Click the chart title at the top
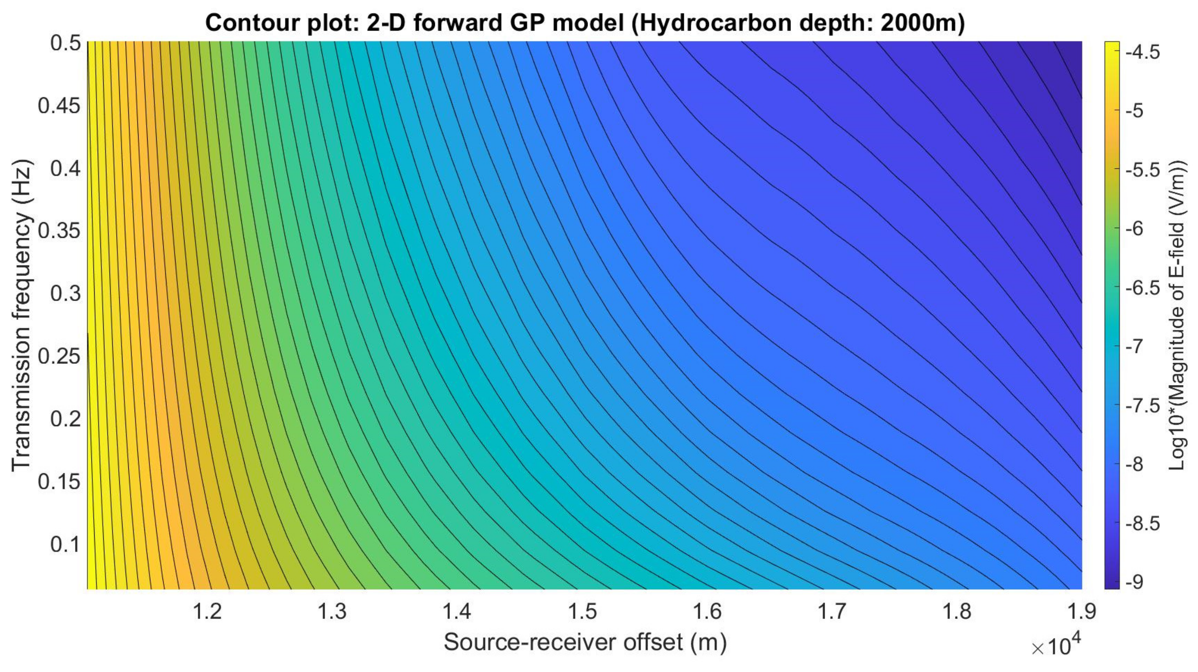[x=585, y=22]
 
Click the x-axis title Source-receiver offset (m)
[x=585, y=642]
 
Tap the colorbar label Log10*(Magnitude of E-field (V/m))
[x=1177, y=315]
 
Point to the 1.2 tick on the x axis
[x=207, y=611]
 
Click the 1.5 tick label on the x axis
[x=582, y=611]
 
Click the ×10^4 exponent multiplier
[x=1055, y=647]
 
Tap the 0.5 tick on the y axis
[x=66, y=43]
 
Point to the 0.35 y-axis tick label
[x=59, y=231]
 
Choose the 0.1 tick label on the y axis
[x=66, y=544]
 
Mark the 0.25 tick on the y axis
[x=59, y=356]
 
